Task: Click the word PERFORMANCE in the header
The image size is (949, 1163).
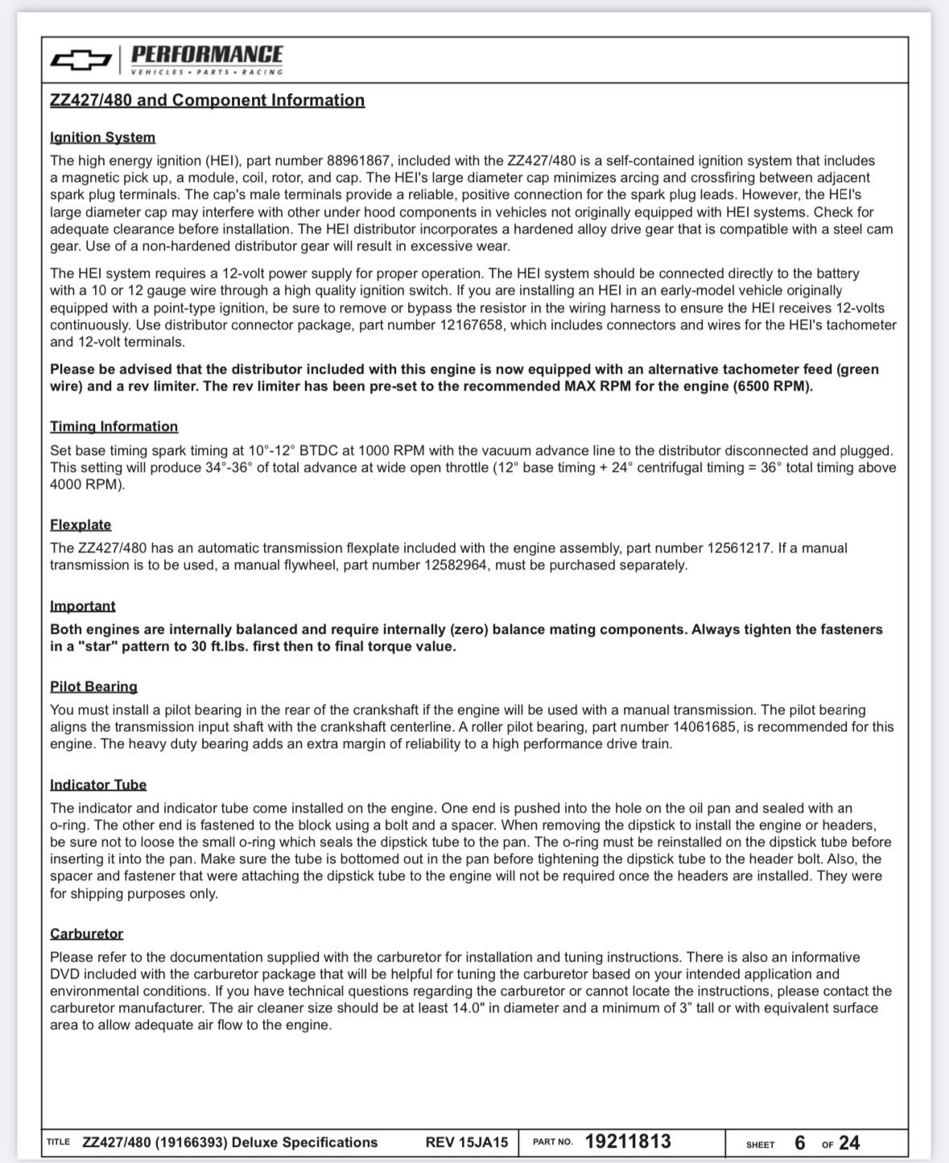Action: (x=207, y=54)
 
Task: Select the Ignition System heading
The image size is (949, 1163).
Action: (x=102, y=137)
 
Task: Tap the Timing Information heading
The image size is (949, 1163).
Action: (x=113, y=426)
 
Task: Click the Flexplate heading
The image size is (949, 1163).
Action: (x=80, y=524)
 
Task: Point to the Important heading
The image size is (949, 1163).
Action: (x=82, y=606)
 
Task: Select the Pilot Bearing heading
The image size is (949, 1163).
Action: (x=93, y=686)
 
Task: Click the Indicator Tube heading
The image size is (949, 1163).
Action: (x=98, y=784)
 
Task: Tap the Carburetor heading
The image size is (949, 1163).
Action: (x=86, y=933)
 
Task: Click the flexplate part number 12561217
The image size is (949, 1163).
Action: (x=738, y=548)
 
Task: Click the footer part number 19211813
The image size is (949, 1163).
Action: (x=628, y=1141)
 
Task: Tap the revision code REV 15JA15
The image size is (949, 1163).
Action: (x=467, y=1142)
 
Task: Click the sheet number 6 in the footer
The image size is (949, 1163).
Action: (x=799, y=1142)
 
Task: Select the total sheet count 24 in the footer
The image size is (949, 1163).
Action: (x=849, y=1142)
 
